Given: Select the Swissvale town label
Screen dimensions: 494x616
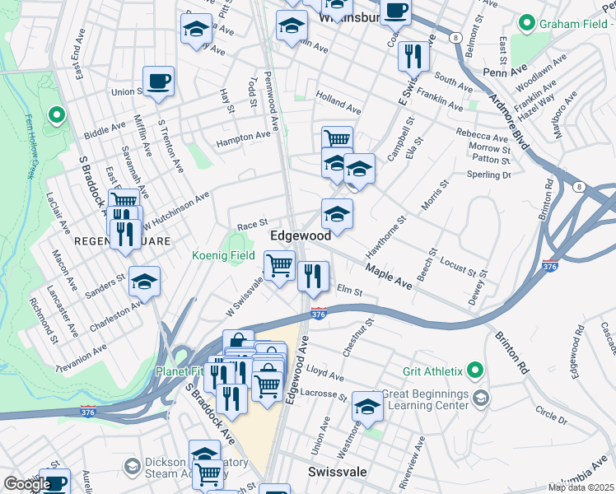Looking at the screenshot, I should [x=336, y=473].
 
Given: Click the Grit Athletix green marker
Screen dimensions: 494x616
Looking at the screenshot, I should [x=474, y=370].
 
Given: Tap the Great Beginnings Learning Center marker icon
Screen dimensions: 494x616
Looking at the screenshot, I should [x=481, y=398].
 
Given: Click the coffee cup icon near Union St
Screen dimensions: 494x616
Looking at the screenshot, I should [x=158, y=81].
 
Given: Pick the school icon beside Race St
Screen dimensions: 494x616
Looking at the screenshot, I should [x=336, y=214].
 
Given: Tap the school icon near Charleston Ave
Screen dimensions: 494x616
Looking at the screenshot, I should [x=144, y=282].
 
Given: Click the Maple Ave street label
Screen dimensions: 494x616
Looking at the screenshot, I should [x=389, y=277].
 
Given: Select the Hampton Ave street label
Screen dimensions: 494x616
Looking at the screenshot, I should [x=243, y=141].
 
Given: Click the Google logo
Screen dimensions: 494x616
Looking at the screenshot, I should [x=26, y=484].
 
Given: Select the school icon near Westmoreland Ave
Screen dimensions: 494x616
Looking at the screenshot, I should [x=367, y=406].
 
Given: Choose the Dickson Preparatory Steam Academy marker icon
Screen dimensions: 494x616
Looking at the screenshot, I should [x=132, y=468].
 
